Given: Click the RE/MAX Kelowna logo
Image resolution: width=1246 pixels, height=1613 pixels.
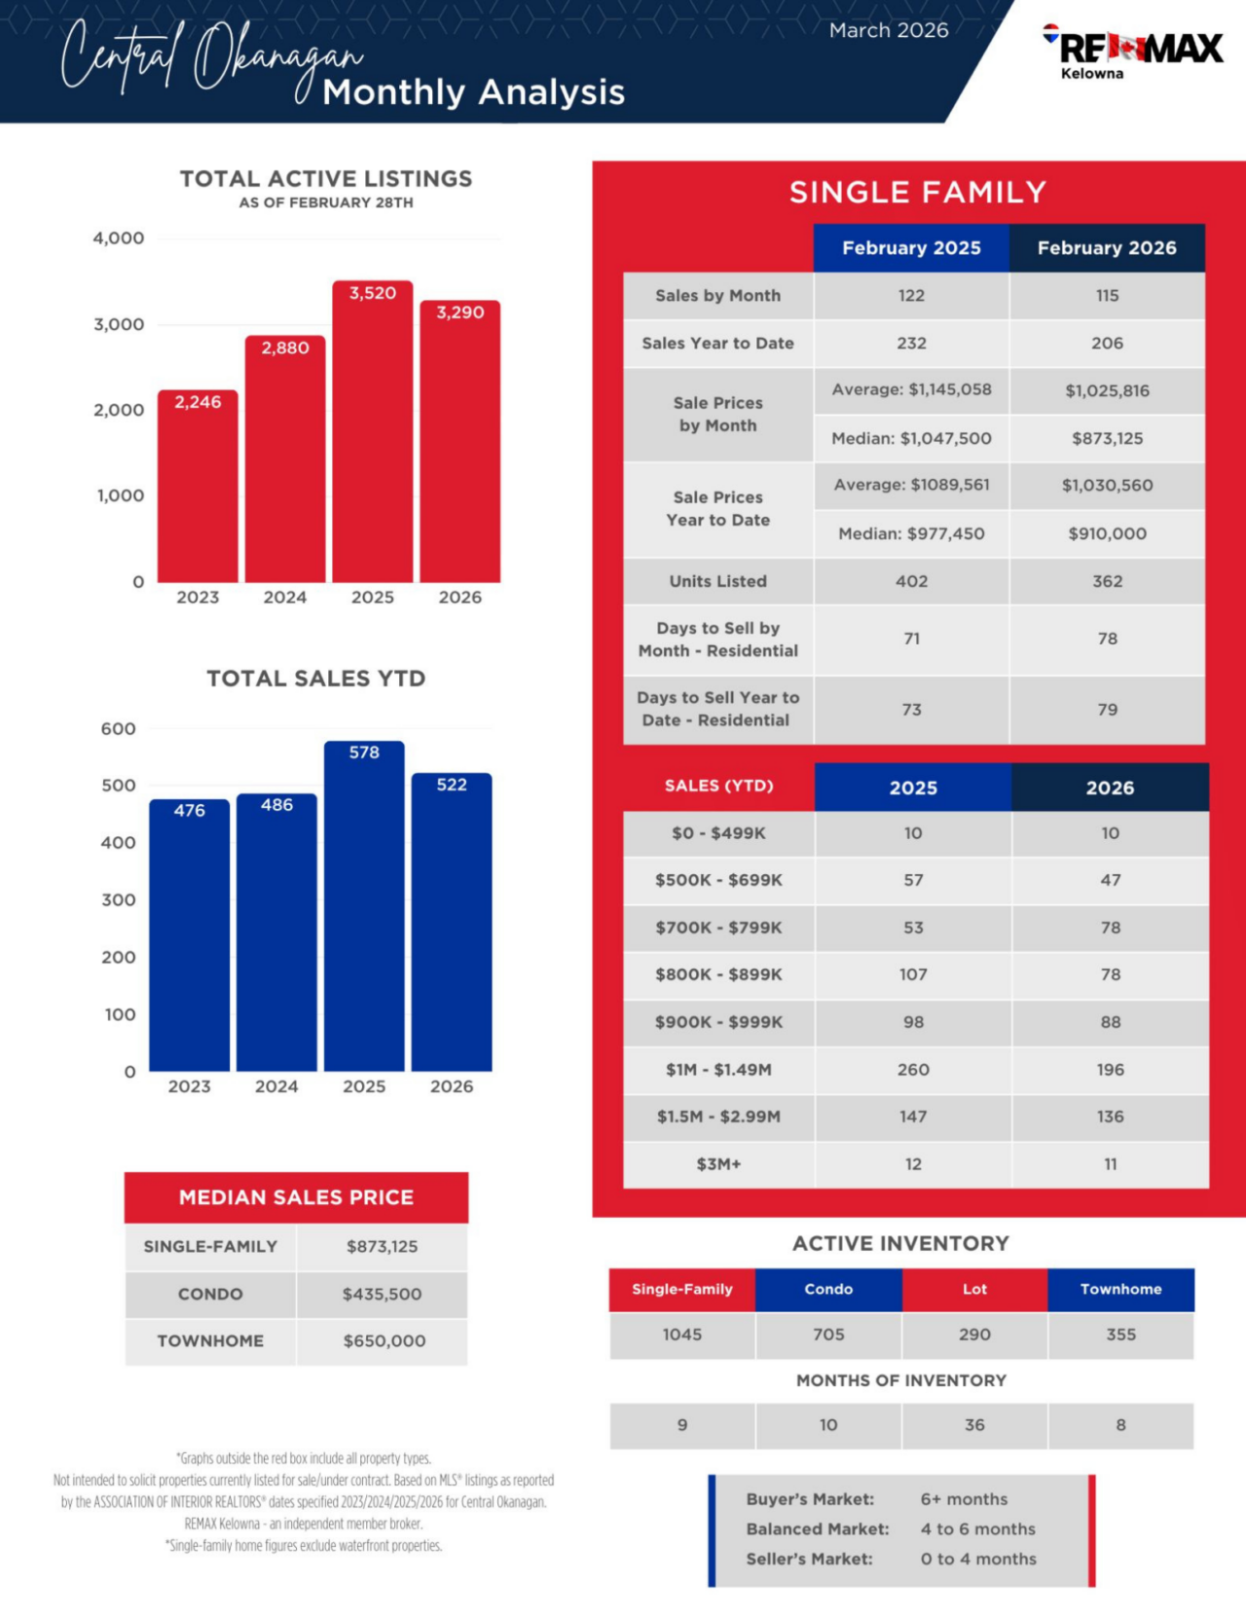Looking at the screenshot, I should pos(1134,51).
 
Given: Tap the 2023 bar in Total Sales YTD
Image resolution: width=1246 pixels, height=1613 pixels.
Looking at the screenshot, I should pos(189,935).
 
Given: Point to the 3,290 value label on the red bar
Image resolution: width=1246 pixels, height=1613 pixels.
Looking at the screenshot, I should pos(459,312).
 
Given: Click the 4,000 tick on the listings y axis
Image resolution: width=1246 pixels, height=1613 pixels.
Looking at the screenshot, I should pos(119,238).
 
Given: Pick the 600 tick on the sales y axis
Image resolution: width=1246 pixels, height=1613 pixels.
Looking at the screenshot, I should pos(119,729).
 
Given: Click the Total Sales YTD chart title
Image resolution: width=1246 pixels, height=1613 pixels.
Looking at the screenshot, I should pos(315,678).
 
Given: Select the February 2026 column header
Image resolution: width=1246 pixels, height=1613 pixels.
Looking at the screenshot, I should pos(1107,248).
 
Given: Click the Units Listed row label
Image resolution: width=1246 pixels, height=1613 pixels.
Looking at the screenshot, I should pos(717,581).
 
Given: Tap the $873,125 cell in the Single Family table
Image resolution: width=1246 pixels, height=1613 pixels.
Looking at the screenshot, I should pos(1107,438).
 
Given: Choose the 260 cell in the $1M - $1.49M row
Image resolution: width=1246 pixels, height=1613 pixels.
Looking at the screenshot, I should pos(913,1070).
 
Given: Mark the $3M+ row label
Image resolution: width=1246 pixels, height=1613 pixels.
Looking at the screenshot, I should pos(718,1164).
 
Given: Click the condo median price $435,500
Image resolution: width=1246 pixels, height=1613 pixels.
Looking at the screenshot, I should pos(382,1294).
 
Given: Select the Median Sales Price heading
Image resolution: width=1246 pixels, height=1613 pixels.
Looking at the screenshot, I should pos(296,1197).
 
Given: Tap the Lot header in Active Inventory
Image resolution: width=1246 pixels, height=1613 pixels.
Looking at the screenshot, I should pos(974,1289).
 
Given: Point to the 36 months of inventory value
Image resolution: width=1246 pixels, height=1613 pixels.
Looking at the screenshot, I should pos(974,1425).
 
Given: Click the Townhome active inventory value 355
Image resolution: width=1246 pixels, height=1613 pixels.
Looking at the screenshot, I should pos(1120,1335).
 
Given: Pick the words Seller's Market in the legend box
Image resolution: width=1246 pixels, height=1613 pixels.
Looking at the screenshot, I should pos(809,1558).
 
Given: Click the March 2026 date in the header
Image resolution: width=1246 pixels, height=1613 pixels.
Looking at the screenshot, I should pos(888,30).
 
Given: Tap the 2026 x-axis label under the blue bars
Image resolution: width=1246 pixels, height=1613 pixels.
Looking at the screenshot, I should pos(452,1086).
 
